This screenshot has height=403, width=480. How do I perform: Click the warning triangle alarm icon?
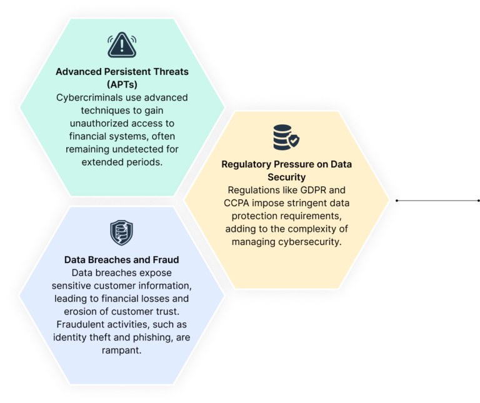point(122,45)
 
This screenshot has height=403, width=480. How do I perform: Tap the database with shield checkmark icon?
point(286,137)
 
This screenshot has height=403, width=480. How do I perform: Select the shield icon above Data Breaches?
point(121,232)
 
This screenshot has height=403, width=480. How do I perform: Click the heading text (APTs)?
point(122,84)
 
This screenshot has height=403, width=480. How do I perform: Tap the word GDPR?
point(313,190)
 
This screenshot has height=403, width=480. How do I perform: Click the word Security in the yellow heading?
point(286,177)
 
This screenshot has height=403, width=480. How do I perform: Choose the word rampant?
point(121,350)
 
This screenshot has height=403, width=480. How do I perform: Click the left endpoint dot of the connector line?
point(397,201)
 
